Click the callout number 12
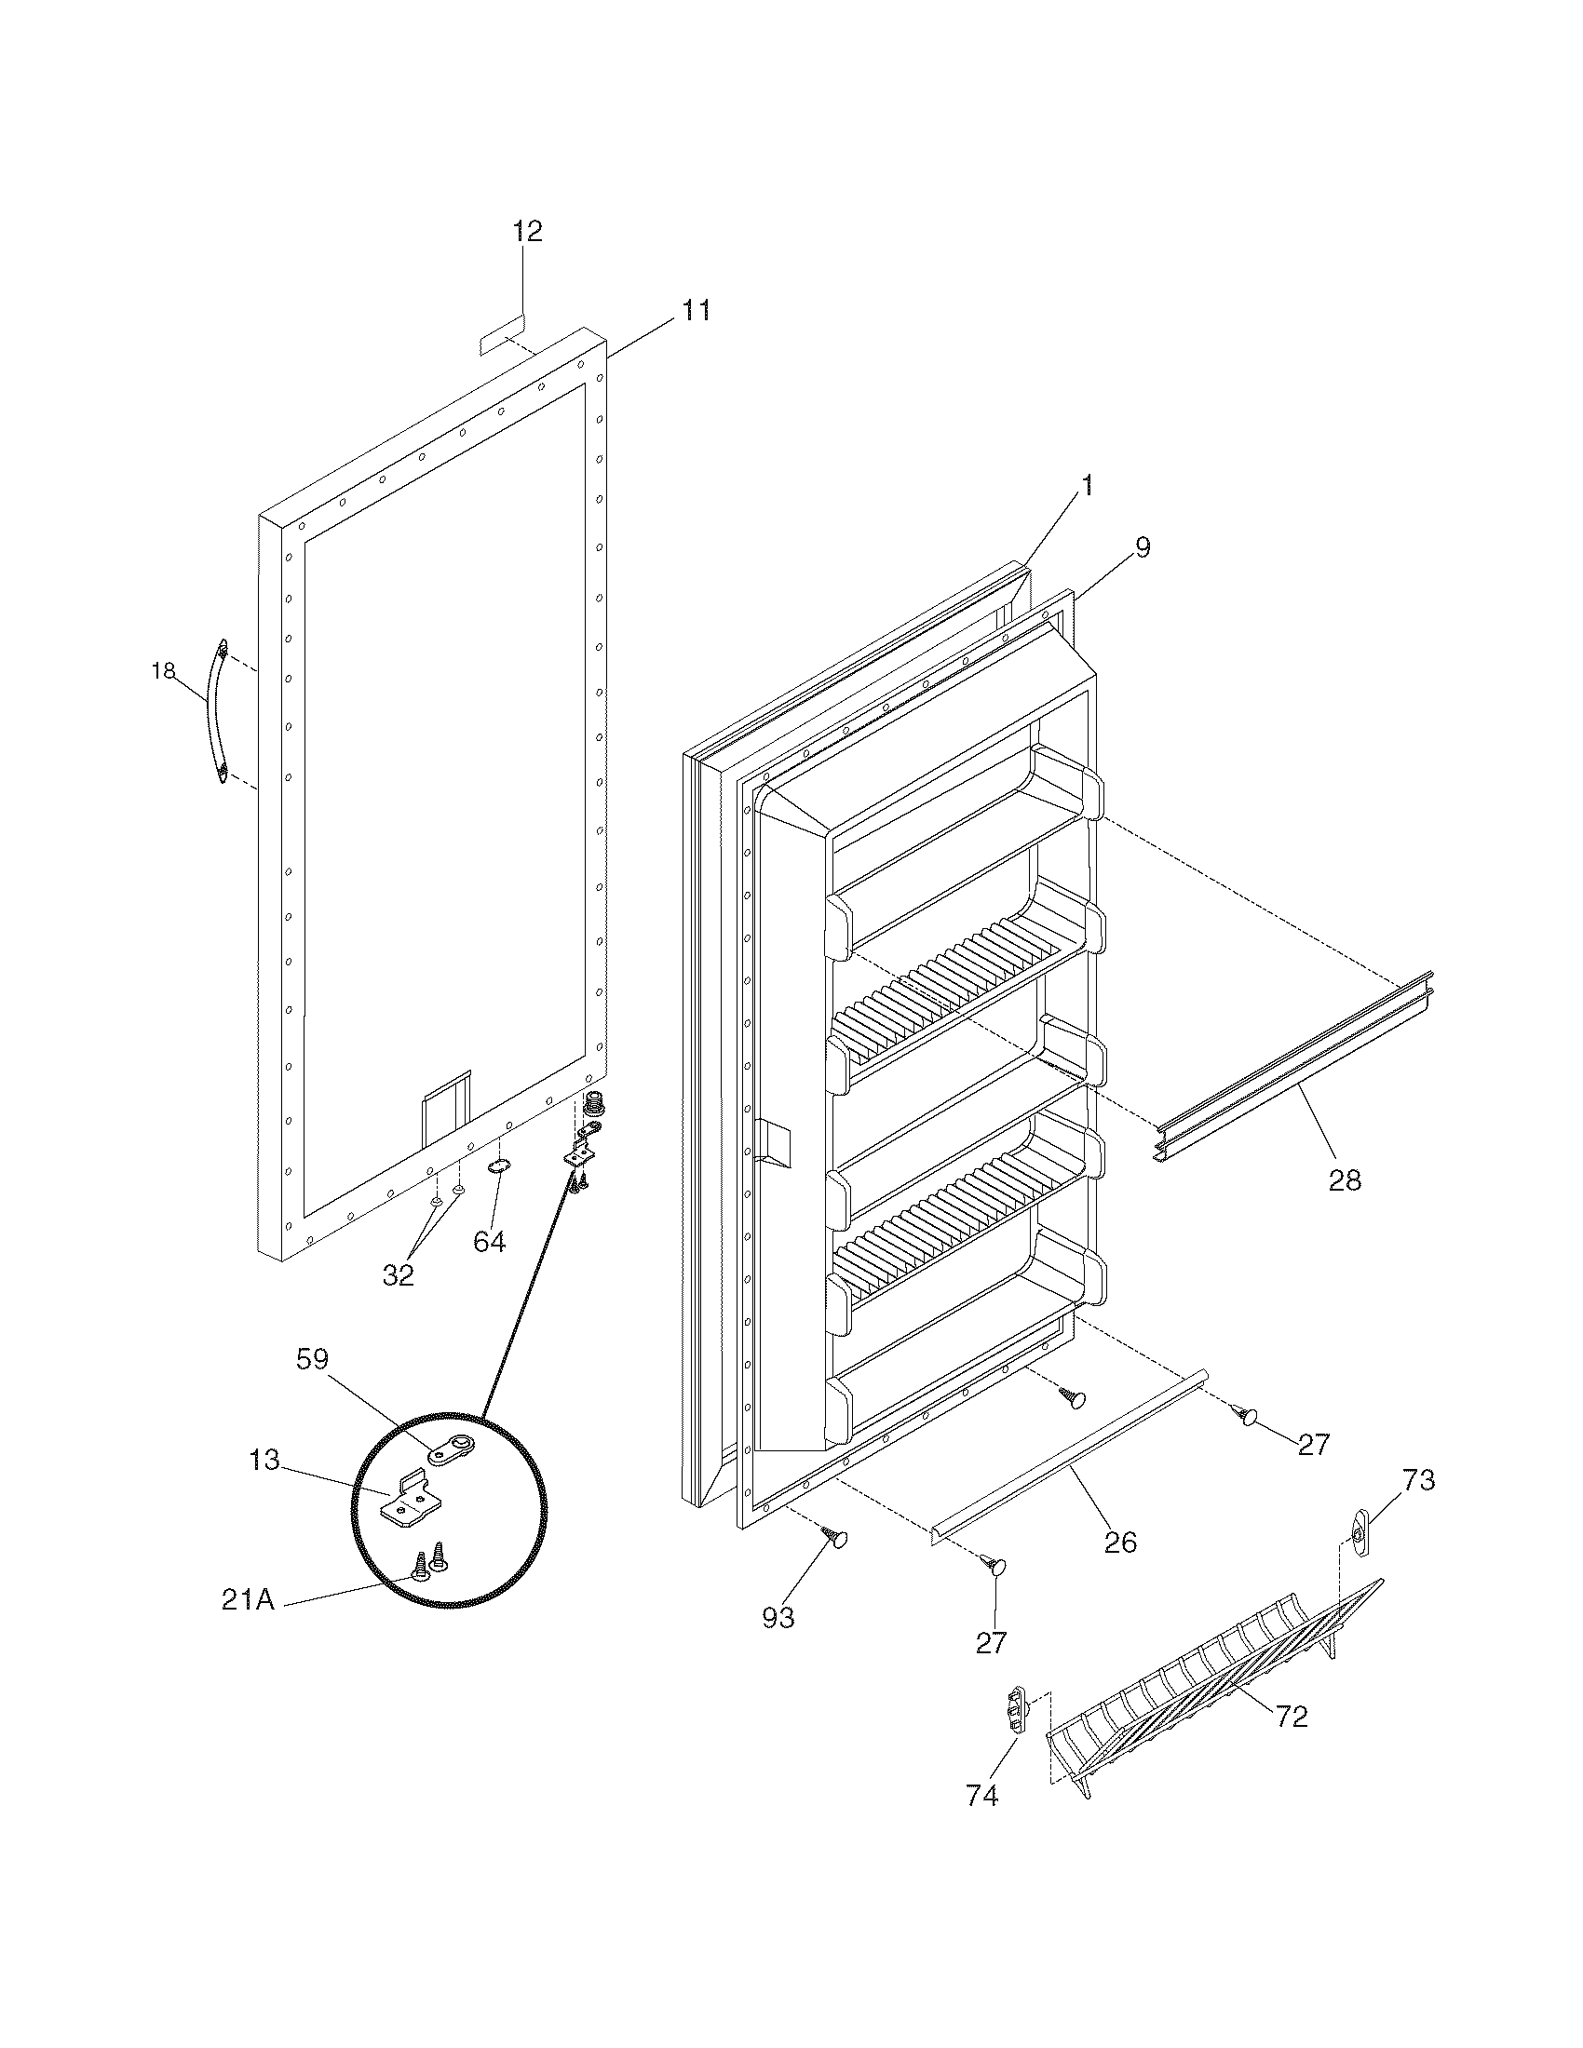(527, 231)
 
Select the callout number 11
(695, 309)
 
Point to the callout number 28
(1344, 1179)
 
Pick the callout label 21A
(248, 1598)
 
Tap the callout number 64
(489, 1242)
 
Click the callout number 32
(398, 1274)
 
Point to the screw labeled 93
(833, 1534)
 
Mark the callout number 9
(1142, 546)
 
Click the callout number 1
(1087, 485)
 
